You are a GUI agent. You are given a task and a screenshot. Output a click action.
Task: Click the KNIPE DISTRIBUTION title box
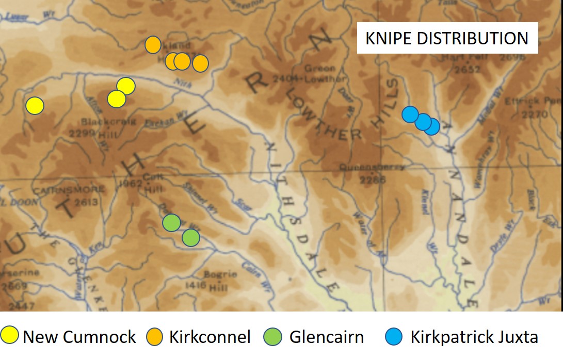point(447,38)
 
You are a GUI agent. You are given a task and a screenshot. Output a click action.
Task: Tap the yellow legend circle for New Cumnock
point(10,336)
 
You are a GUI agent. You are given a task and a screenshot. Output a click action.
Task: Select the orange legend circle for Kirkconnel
point(156,336)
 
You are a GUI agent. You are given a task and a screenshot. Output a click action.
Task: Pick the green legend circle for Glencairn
point(276,336)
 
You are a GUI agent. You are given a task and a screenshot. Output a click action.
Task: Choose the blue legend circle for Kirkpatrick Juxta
point(394,336)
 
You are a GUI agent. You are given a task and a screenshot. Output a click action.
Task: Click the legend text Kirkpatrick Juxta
point(474,337)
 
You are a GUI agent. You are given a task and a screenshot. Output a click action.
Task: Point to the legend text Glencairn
point(326,337)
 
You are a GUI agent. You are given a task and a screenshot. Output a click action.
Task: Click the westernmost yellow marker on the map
point(35,105)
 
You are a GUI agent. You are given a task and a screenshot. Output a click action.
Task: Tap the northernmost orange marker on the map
point(153,45)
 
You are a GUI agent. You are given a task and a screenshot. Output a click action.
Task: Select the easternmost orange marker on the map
point(200,63)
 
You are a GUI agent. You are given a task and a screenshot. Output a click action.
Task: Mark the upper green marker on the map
point(171,223)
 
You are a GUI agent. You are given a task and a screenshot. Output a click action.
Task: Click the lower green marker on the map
point(190,238)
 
